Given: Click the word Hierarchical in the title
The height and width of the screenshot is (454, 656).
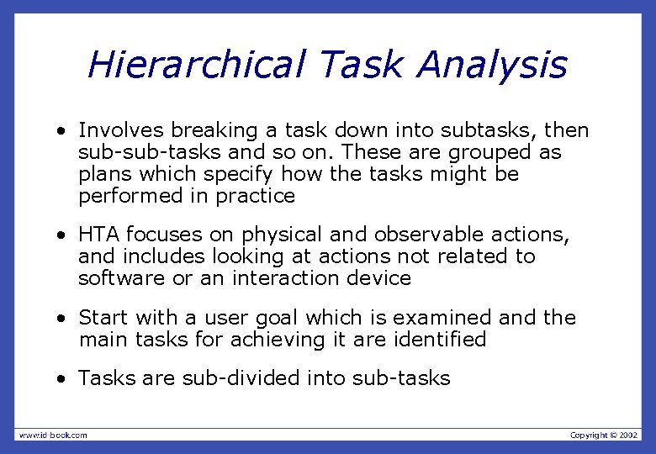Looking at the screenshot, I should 195,65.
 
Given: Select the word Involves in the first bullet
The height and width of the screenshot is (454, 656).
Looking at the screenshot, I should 121,130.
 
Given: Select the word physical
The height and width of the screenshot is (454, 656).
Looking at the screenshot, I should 279,235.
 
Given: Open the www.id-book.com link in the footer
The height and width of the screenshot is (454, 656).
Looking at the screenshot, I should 53,435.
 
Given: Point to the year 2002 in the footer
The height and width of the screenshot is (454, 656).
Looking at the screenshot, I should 628,435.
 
